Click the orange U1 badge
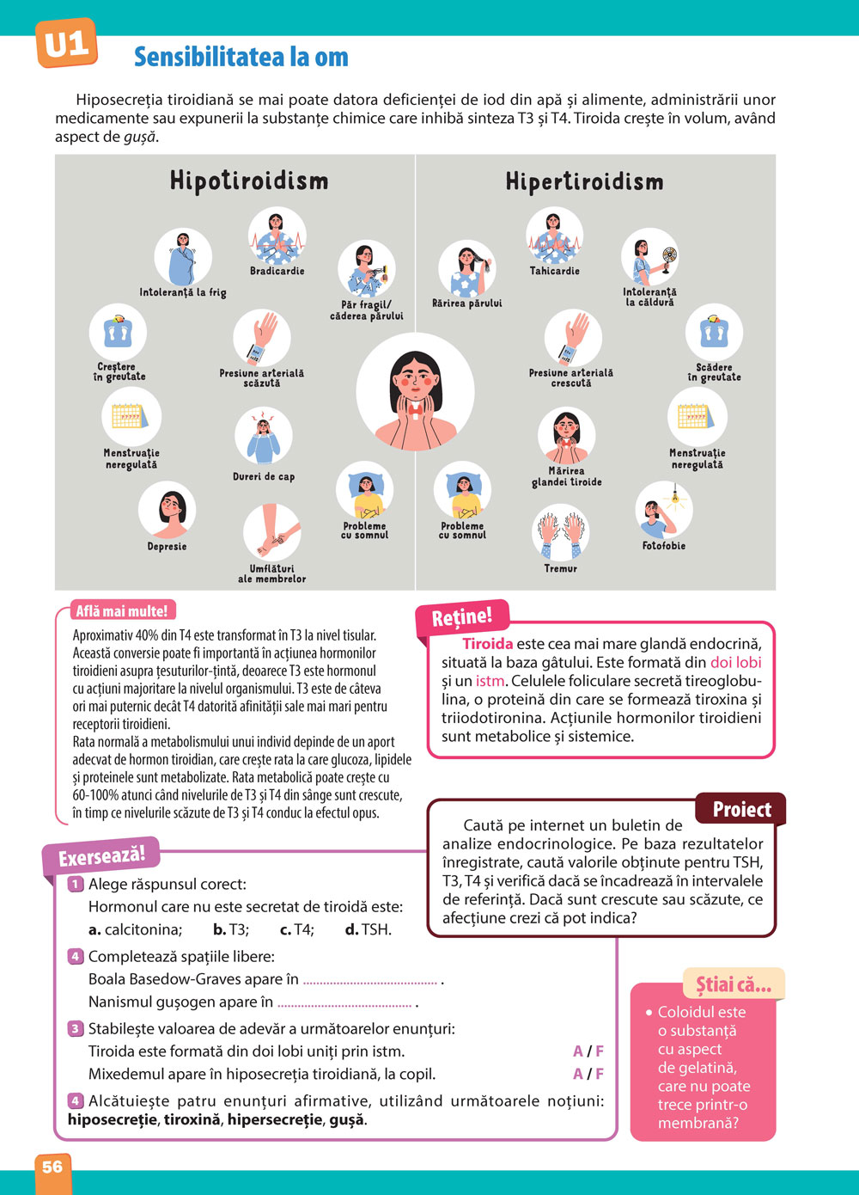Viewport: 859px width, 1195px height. click(65, 44)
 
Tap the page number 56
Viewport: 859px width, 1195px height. click(52, 1167)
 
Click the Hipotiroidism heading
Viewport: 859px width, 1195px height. click(249, 181)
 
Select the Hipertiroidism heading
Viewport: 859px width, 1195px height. click(584, 181)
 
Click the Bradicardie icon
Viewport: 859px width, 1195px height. click(277, 236)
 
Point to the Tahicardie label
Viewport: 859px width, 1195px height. click(554, 271)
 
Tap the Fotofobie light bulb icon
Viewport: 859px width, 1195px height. click(663, 510)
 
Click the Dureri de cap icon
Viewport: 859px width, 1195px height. click(264, 437)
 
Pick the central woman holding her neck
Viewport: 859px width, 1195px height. click(416, 392)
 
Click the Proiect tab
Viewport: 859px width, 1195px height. click(741, 809)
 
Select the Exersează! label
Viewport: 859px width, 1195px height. click(101, 856)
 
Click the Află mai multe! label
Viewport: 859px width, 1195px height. click(121, 611)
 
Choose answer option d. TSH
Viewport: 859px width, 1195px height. click(368, 929)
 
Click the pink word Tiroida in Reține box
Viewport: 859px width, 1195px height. click(487, 644)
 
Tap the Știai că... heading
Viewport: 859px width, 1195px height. click(733, 984)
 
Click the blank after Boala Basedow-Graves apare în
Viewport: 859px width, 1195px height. click(370, 979)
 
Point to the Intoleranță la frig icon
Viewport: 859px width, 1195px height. click(183, 257)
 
